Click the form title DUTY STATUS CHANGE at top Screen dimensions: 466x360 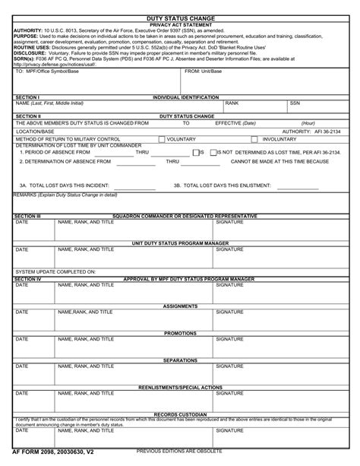tap(180, 17)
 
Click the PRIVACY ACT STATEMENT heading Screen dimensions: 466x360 tap(180, 24)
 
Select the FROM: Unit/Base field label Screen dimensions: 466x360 tap(204, 71)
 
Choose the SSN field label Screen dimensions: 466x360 tap(295, 103)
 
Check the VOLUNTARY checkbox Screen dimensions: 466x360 tap(163, 139)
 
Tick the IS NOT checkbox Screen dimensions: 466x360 tap(213, 153)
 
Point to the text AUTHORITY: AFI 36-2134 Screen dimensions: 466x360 tap(311, 132)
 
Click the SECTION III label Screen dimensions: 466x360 tap(28, 216)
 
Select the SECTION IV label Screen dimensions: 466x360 tap(28, 279)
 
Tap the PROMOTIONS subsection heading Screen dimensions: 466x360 tap(180, 333)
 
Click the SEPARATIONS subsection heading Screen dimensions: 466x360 tap(180, 360)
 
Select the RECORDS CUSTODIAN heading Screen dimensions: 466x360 tap(180, 414)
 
